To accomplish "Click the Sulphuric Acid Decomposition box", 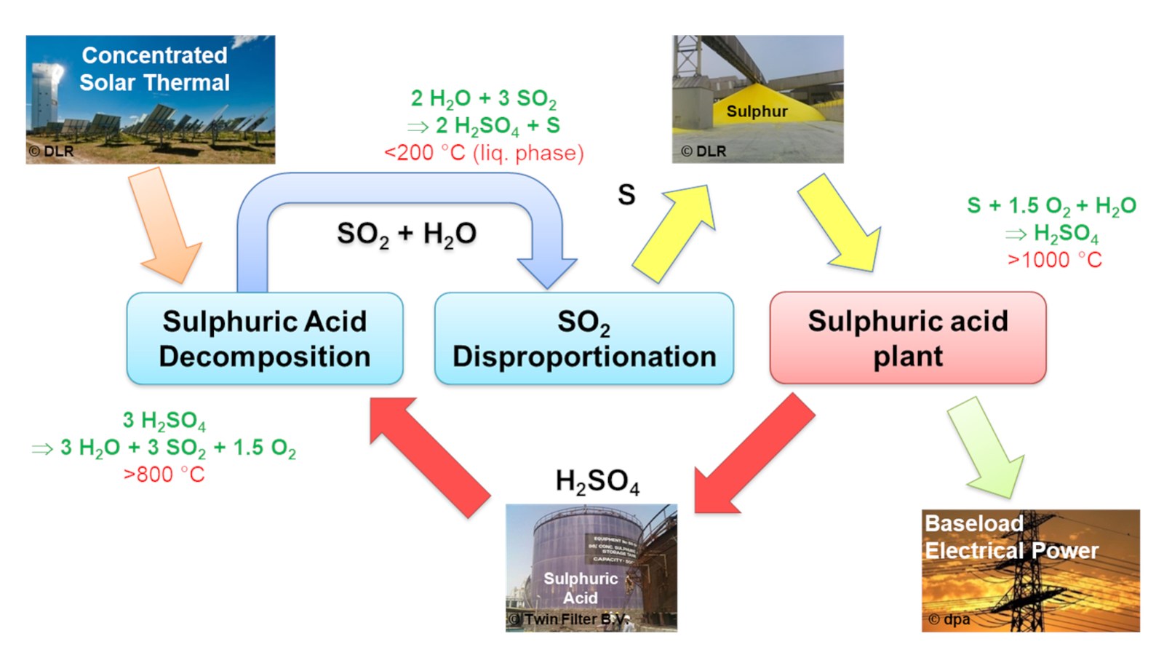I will click(x=264, y=338).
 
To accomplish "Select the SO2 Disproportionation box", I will click(x=583, y=338).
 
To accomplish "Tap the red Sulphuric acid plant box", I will click(x=907, y=338).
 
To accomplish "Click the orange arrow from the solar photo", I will click(x=164, y=226).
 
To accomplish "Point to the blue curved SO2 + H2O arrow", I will click(x=400, y=188).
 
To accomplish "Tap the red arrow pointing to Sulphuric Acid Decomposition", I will click(x=429, y=456).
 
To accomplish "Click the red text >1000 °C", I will click(x=1054, y=260).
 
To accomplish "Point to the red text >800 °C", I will click(x=164, y=475).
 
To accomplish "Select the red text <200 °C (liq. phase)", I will click(x=484, y=153).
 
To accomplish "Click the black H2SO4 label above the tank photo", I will click(x=597, y=482).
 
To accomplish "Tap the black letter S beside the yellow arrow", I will click(x=626, y=195).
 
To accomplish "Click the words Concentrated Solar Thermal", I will click(x=154, y=69).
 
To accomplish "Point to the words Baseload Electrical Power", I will click(x=1011, y=537).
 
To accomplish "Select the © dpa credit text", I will click(x=949, y=619).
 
